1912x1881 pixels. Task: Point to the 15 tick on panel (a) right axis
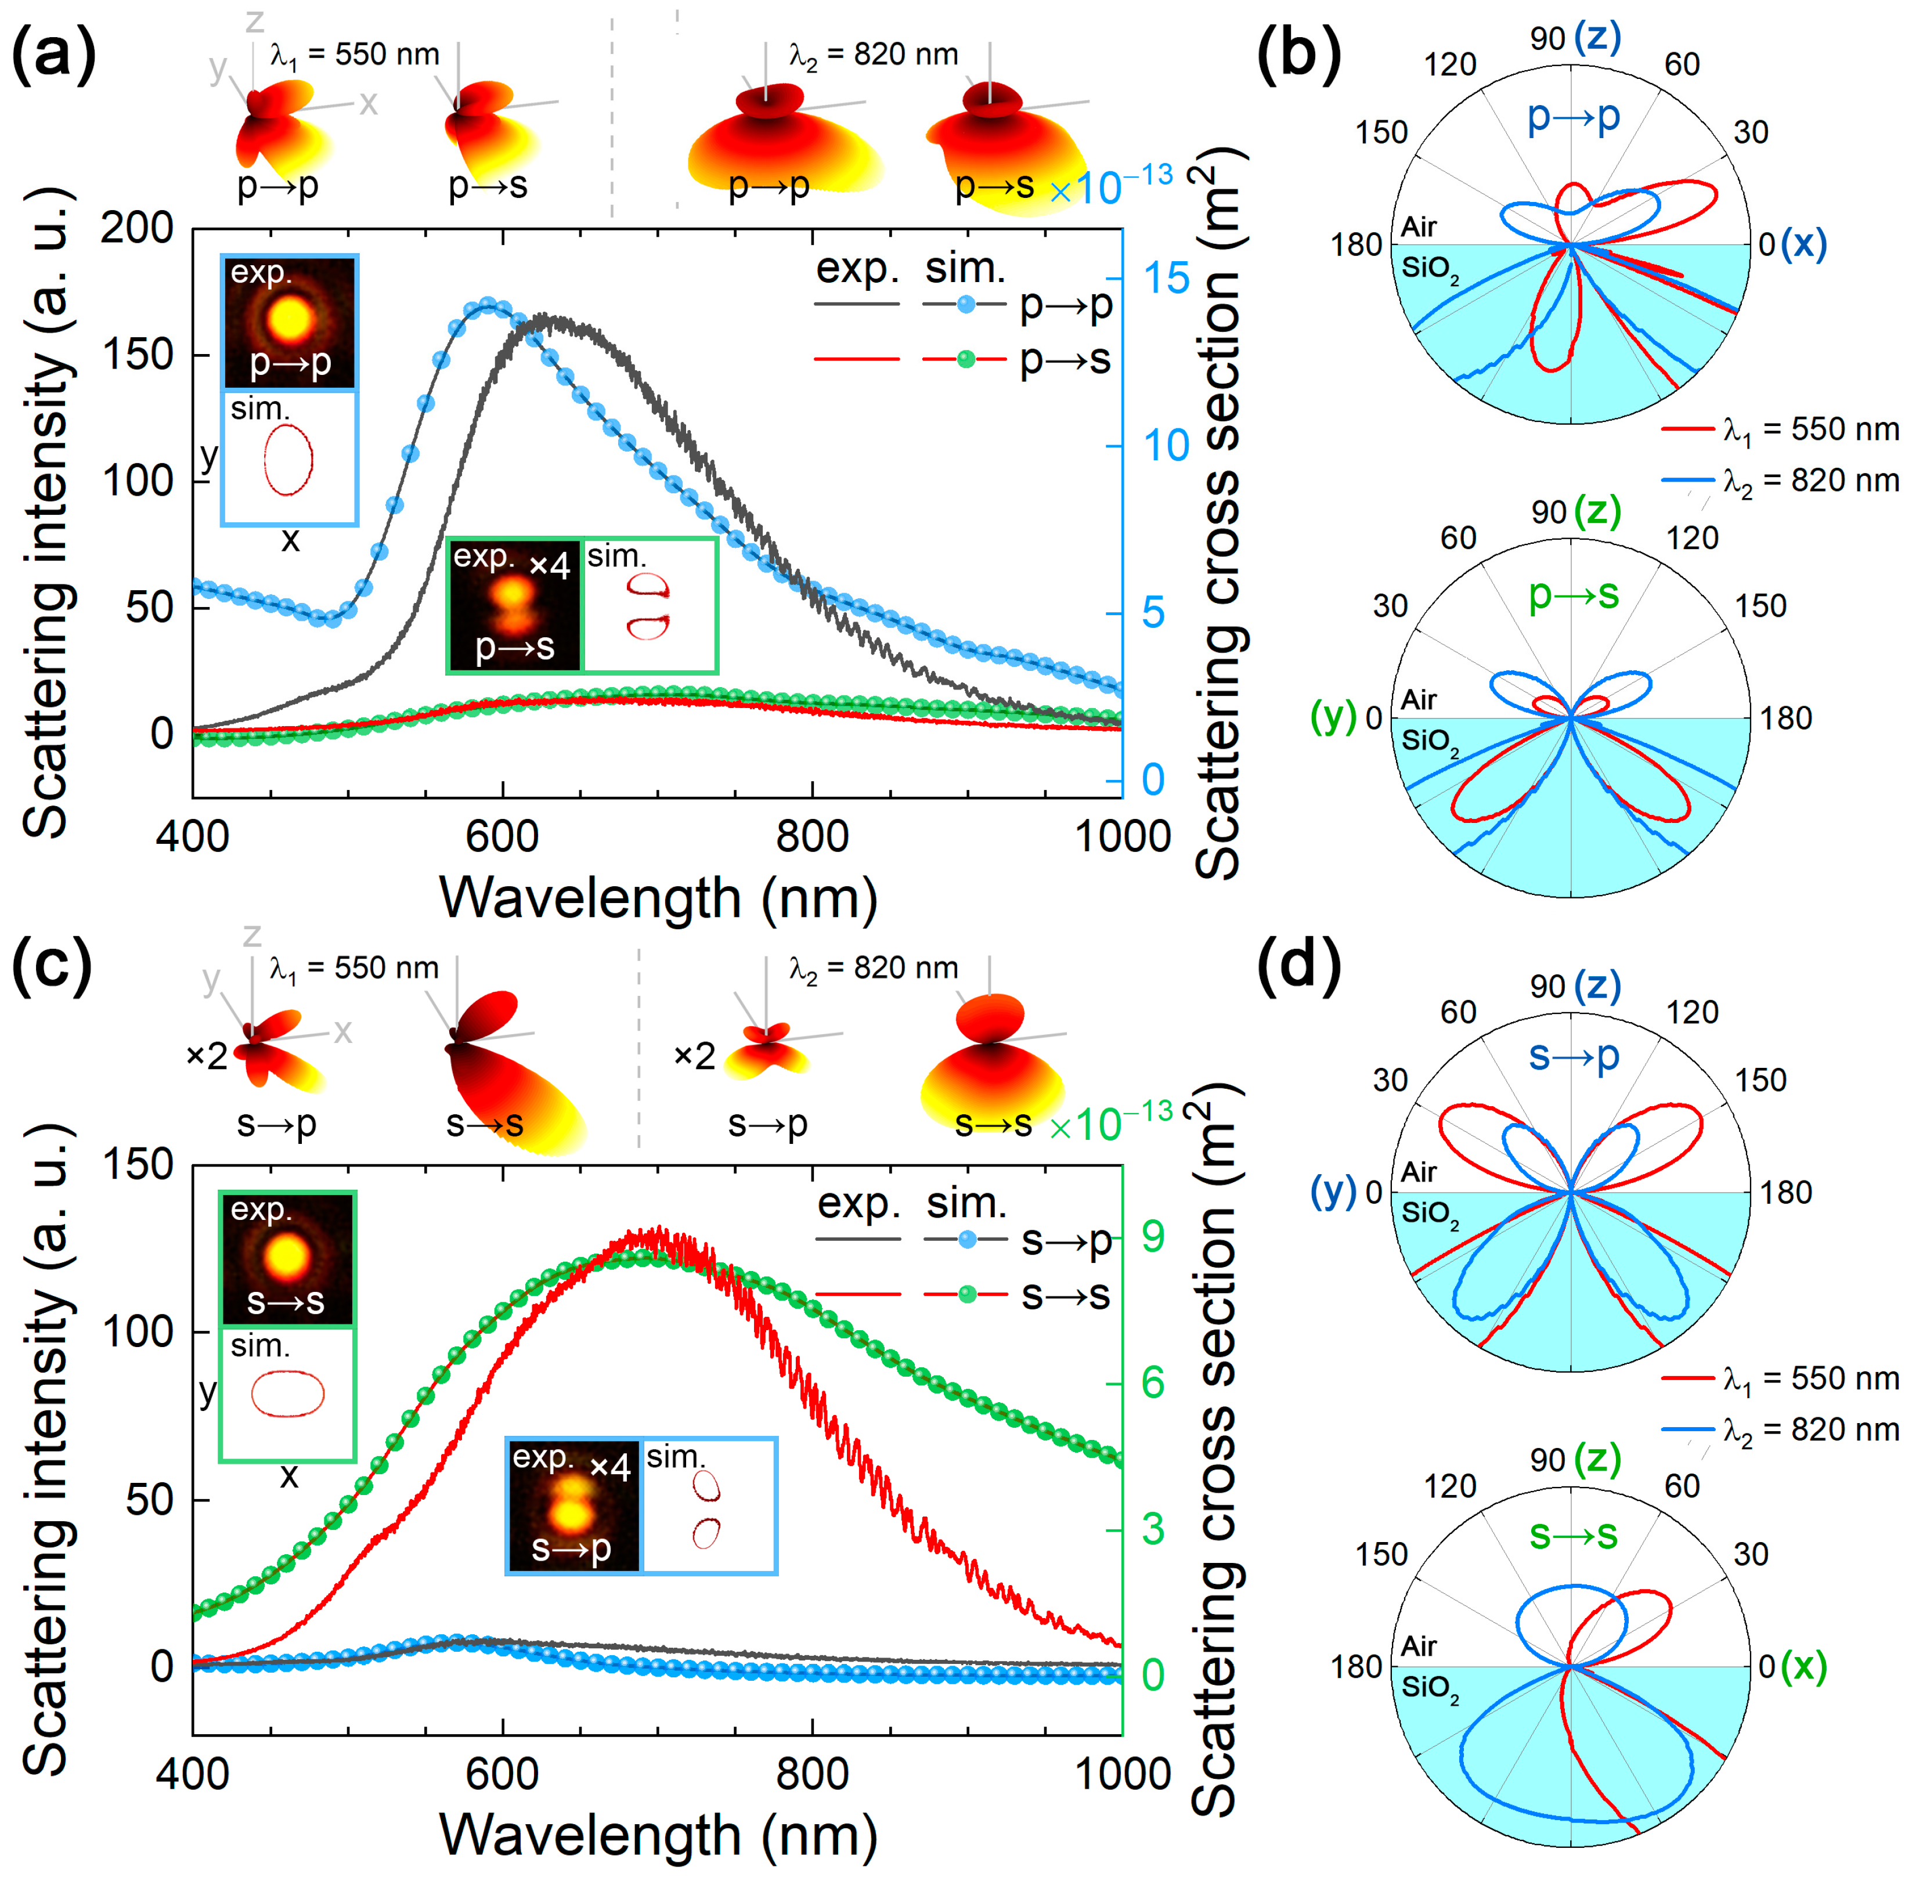coord(1166,279)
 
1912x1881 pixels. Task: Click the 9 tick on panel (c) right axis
coord(1152,1236)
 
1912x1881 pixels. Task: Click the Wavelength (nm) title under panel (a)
coord(658,898)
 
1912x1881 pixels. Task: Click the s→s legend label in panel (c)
coord(1065,1294)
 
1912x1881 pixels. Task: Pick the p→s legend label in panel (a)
coord(1065,360)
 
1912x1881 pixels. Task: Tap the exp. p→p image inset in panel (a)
coord(290,322)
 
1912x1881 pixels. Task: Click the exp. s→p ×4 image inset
coord(573,1504)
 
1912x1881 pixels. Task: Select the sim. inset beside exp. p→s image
coord(649,605)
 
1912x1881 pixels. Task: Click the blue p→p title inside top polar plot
coord(1573,117)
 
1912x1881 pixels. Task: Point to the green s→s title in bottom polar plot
coord(1573,1535)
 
